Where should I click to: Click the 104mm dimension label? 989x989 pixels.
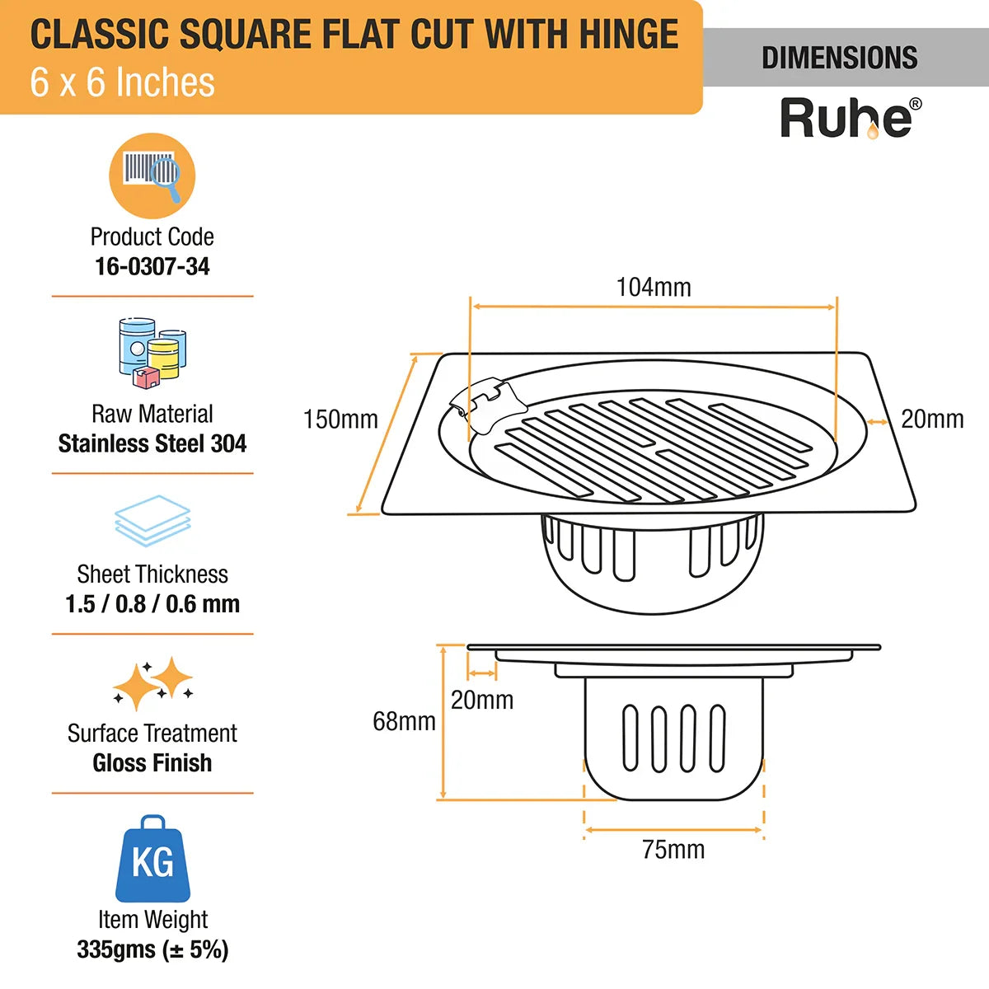(654, 288)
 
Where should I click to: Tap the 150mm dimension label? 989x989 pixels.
(340, 420)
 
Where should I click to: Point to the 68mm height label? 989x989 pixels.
(404, 721)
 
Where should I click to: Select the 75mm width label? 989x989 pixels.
(673, 850)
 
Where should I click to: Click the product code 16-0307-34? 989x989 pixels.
(152, 266)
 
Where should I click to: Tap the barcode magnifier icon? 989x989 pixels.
(152, 176)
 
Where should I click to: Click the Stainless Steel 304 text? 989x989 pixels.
(152, 443)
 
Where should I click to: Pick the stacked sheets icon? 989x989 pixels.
(152, 520)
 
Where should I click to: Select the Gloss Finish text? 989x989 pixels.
(152, 762)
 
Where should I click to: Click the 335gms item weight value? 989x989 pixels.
(152, 949)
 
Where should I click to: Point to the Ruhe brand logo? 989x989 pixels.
(851, 119)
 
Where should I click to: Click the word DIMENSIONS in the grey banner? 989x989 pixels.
(840, 58)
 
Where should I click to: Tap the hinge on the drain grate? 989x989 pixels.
(488, 405)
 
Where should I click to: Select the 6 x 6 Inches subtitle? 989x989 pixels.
(122, 82)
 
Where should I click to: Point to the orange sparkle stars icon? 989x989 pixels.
(152, 683)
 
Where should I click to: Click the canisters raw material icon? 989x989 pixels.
(152, 353)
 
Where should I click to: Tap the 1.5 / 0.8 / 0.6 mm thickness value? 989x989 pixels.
(152, 603)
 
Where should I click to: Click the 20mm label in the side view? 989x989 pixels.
(482, 700)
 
